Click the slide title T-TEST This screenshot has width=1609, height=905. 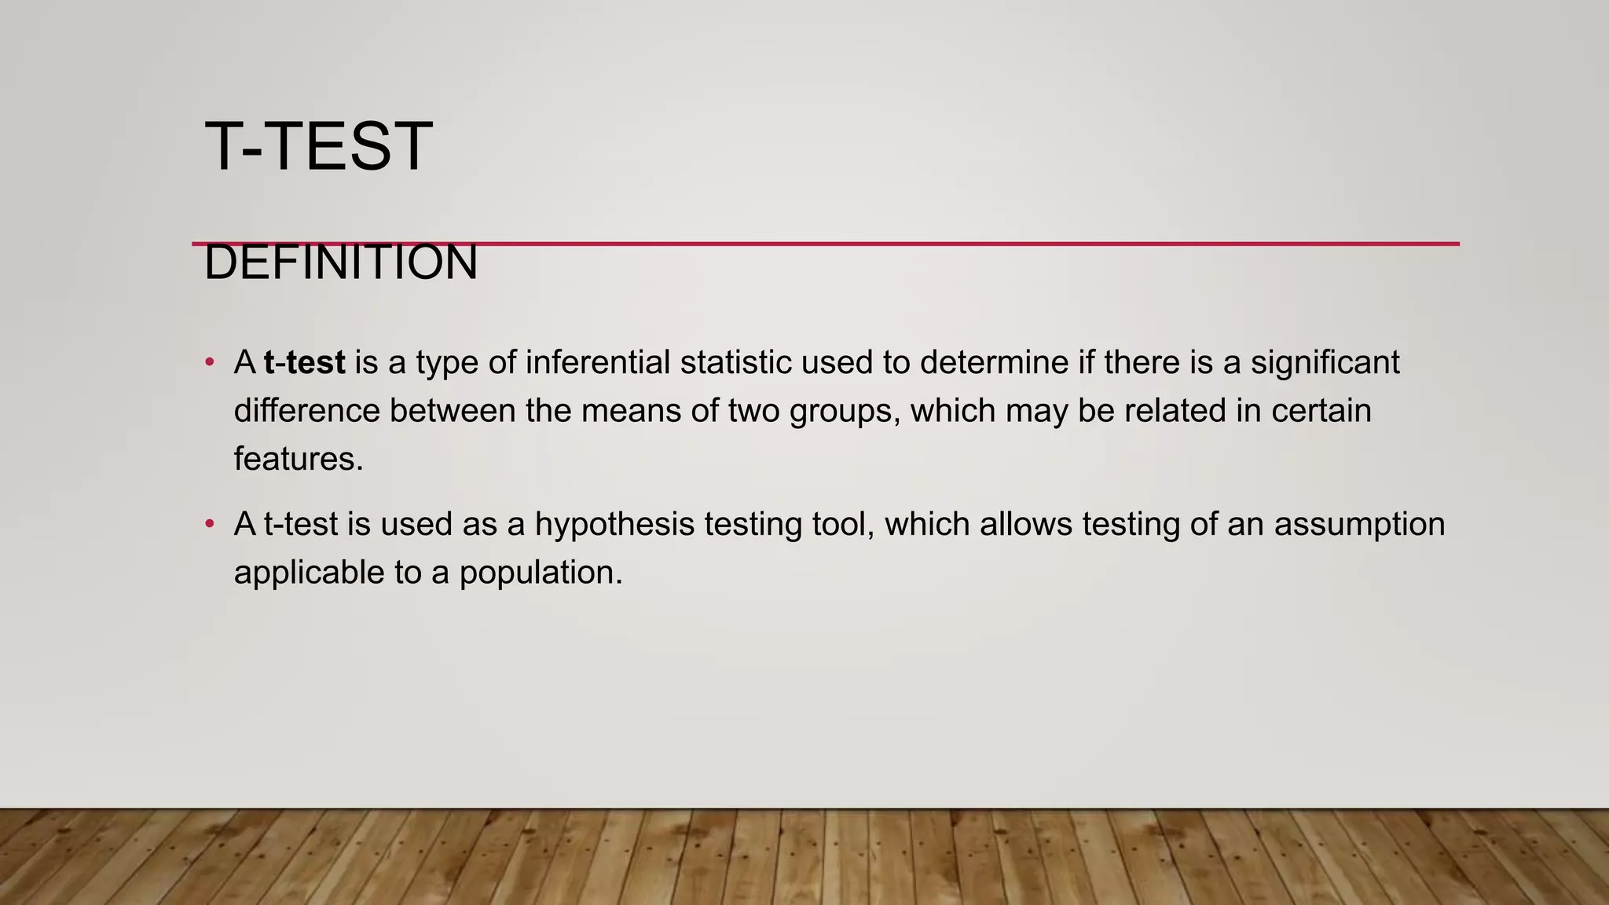click(x=318, y=147)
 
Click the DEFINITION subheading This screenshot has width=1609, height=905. click(x=340, y=263)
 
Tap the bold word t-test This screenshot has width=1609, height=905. click(x=305, y=363)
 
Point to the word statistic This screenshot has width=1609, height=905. click(x=735, y=363)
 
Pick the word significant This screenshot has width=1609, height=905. click(x=1325, y=363)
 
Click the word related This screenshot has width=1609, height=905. click(x=1175, y=411)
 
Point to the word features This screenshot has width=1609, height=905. click(x=299, y=459)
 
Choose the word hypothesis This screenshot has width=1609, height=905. click(x=614, y=525)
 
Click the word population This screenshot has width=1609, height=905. click(x=541, y=573)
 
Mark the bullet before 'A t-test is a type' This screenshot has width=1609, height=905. click(x=209, y=363)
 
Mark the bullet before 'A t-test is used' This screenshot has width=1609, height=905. click(x=209, y=524)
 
